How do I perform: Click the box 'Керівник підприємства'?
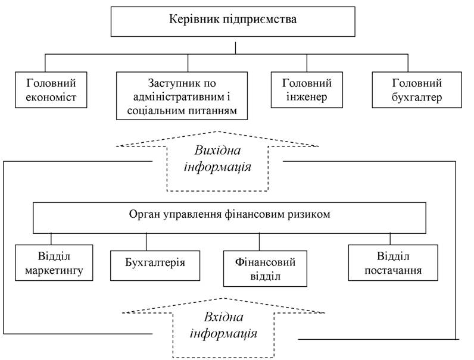click(233, 22)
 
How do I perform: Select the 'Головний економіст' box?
click(51, 90)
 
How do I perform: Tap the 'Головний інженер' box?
click(307, 90)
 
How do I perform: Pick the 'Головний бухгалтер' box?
click(417, 90)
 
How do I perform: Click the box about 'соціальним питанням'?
click(182, 96)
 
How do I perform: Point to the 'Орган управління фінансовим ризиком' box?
click(229, 218)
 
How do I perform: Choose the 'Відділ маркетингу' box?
click(54, 263)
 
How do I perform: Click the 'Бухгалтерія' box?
click(155, 265)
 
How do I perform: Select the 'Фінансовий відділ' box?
click(265, 268)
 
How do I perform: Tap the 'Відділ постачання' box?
click(393, 263)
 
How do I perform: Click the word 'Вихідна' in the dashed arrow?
click(217, 151)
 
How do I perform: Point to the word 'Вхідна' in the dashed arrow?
click(223, 317)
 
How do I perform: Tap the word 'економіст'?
click(51, 97)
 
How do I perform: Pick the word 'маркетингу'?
click(54, 271)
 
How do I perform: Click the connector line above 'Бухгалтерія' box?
click(146, 242)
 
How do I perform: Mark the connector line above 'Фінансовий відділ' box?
click(260, 242)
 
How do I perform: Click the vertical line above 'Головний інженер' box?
click(307, 63)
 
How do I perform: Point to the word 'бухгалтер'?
click(417, 98)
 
